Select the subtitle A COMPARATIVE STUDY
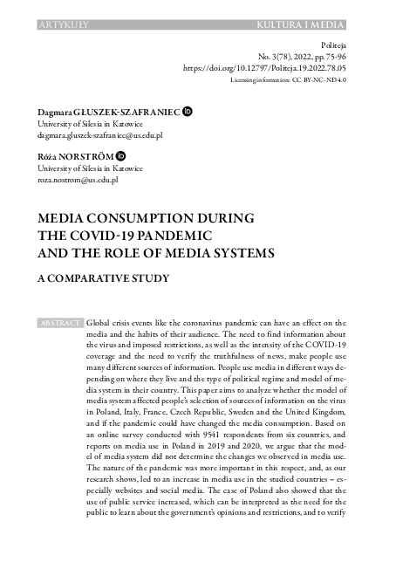click(103, 278)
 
